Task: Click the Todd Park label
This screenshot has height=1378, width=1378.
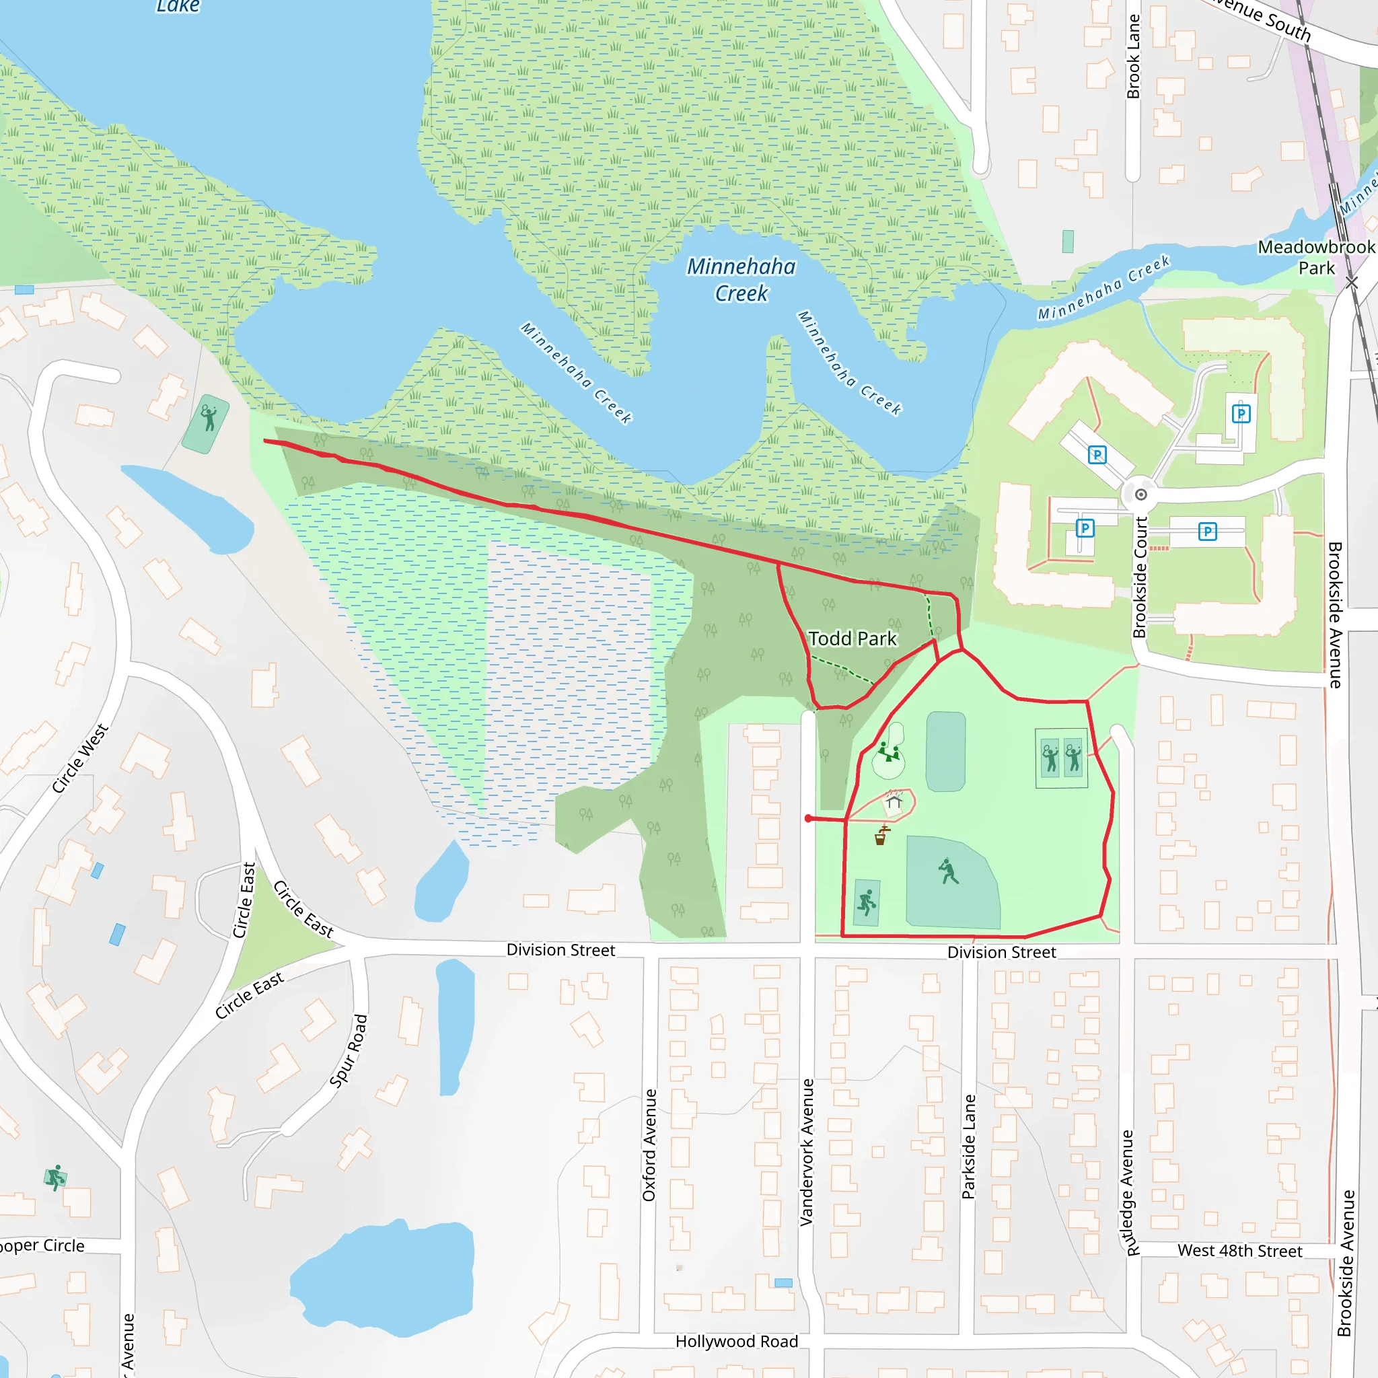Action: point(852,639)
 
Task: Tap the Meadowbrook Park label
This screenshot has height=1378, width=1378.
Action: point(1316,258)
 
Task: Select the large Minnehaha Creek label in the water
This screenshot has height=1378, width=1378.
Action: point(741,280)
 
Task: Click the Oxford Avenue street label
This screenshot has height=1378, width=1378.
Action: point(649,1145)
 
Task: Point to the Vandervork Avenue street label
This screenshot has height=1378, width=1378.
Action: point(807,1152)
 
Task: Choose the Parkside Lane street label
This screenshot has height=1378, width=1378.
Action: point(968,1146)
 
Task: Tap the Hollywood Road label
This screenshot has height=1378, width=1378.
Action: point(736,1342)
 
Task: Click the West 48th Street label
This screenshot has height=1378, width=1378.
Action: point(1239,1251)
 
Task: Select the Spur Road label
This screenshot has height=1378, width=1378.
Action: point(349,1050)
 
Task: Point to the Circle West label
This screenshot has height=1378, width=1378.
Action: point(80,758)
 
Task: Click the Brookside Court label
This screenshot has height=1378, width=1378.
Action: point(1140,577)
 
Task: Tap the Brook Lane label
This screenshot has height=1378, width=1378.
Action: point(1132,57)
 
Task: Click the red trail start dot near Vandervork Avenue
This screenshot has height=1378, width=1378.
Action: point(808,819)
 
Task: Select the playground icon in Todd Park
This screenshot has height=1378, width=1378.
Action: point(888,752)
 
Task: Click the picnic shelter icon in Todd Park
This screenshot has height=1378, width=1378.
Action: point(894,801)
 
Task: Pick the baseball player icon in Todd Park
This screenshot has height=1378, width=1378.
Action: point(948,871)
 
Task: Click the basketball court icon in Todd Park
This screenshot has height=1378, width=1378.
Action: point(867,903)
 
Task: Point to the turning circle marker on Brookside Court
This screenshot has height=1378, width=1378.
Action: point(1141,495)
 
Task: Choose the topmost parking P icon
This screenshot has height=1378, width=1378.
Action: point(1241,414)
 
